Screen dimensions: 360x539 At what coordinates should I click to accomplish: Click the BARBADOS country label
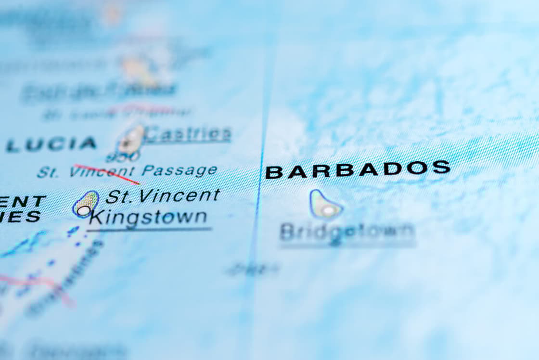coord(358,169)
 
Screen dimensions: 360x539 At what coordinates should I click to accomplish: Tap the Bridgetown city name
coord(347,232)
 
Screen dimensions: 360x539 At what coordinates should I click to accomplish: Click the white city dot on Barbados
coord(328,210)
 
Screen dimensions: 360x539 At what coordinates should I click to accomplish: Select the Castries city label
coord(187,134)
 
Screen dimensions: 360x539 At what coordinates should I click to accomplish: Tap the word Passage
coord(180,170)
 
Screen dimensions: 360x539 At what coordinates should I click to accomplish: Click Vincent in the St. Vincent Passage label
coord(102,171)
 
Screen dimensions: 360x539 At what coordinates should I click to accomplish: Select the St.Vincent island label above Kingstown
coord(163,195)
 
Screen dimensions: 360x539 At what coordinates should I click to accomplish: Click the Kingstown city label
coord(148,217)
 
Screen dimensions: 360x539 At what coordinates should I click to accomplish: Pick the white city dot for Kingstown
coord(84,210)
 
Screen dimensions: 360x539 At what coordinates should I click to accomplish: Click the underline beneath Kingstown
coord(149,229)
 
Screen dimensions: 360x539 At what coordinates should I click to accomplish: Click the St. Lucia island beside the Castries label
coord(131,140)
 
